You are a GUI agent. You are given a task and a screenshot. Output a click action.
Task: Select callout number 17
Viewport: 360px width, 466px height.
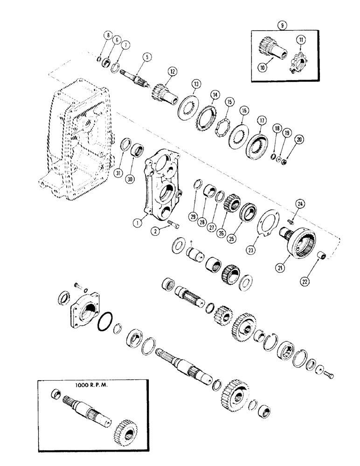tap(260, 120)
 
